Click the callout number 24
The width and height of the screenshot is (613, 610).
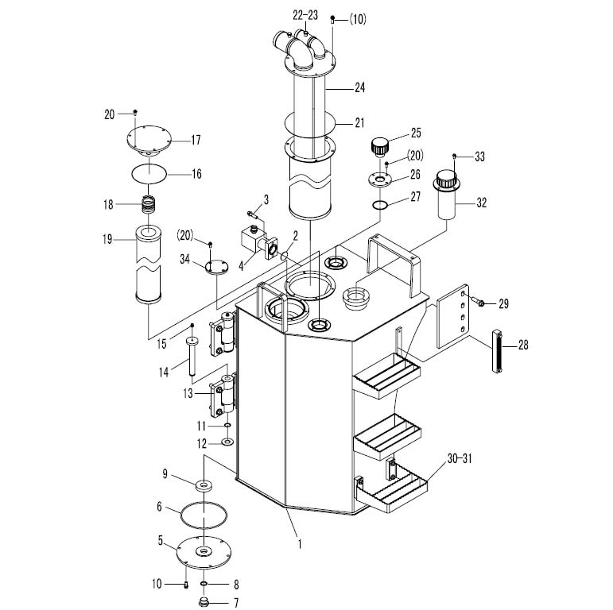(x=359, y=87)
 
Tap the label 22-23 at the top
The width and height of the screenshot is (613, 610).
(x=305, y=16)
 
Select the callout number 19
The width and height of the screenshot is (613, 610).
(x=107, y=239)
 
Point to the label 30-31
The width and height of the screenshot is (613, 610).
(x=460, y=458)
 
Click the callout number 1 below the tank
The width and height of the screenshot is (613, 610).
(x=300, y=543)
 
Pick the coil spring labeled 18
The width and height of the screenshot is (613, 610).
(x=149, y=204)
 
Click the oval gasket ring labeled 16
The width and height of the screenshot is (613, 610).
(x=149, y=173)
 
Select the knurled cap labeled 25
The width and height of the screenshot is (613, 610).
(x=379, y=146)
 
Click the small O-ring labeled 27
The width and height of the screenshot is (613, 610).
(x=379, y=204)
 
